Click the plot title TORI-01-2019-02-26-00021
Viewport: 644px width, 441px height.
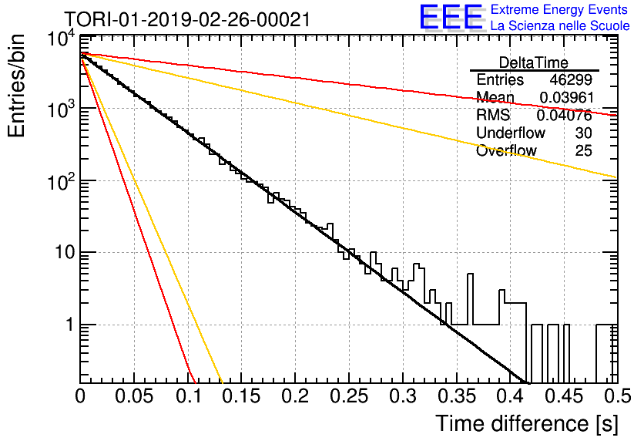[x=187, y=19]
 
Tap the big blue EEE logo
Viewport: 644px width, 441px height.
[x=451, y=17]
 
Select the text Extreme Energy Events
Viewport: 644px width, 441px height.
[x=559, y=9]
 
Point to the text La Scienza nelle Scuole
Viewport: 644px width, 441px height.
[x=560, y=25]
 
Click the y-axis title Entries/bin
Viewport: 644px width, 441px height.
[x=16, y=86]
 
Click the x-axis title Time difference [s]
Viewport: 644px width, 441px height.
[x=527, y=423]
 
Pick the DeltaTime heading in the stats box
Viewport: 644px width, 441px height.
[x=534, y=62]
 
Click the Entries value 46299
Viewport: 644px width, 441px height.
[x=571, y=79]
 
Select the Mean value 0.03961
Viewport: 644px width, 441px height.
[x=566, y=97]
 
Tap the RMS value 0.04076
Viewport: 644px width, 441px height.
[x=565, y=116]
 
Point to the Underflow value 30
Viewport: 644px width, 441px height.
[x=583, y=133]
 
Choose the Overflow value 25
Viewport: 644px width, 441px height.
[x=583, y=150]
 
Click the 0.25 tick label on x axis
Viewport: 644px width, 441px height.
[x=348, y=396]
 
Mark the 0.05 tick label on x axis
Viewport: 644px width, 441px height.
[x=134, y=396]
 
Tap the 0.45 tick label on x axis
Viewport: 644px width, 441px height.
[x=564, y=396]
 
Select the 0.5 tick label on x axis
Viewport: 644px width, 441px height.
[x=617, y=396]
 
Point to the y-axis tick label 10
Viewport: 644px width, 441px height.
[x=65, y=252]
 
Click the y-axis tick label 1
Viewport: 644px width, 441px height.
[x=70, y=325]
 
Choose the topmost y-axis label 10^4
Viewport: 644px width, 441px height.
[x=61, y=39]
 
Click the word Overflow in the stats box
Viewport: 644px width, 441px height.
[x=506, y=150]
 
